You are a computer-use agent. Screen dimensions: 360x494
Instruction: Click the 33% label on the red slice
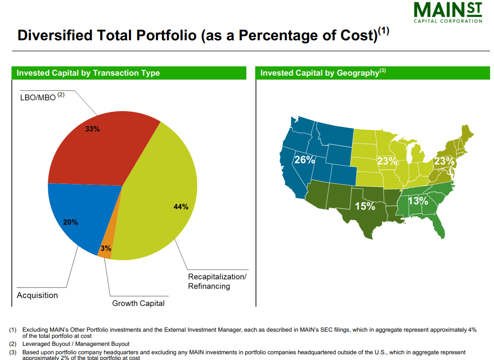92,129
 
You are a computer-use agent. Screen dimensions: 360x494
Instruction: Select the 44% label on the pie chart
181,207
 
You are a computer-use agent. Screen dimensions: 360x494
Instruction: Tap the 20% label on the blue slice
70,222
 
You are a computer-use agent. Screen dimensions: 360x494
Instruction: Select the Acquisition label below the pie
37,295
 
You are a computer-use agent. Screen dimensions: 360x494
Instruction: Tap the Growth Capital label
138,303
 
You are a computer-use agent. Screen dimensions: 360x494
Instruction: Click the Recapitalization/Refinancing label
217,281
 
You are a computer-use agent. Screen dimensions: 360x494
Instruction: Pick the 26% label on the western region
304,160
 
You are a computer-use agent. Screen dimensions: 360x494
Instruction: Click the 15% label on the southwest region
365,206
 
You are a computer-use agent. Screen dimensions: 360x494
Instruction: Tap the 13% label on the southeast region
417,201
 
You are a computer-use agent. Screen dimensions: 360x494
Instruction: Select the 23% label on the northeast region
444,161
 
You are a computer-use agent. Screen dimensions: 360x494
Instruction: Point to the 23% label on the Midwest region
387,161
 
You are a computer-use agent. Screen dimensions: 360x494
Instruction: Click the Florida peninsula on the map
440,226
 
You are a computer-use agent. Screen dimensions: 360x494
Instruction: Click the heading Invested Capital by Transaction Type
88,73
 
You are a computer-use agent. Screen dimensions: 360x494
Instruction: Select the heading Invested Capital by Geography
319,73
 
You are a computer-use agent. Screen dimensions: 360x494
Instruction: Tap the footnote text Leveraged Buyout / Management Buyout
76,344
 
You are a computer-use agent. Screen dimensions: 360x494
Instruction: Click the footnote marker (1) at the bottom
13,329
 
